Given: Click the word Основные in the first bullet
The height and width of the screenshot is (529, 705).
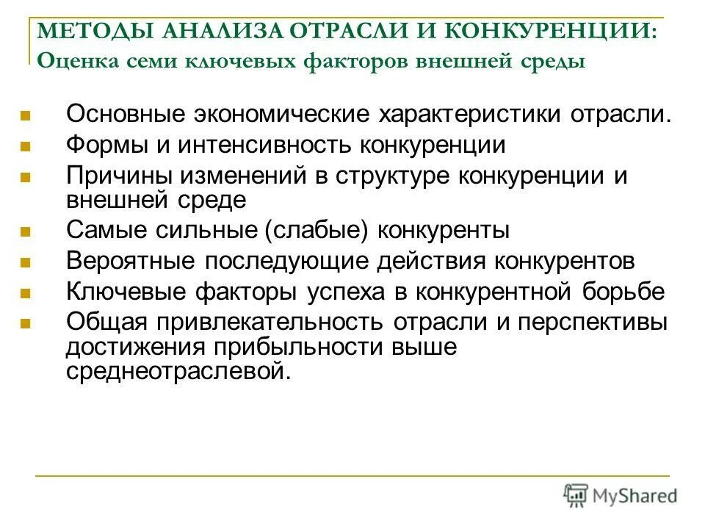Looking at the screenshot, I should [126, 115].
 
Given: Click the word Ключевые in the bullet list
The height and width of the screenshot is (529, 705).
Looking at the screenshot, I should [127, 292].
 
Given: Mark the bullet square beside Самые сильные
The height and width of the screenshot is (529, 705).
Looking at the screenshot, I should [25, 231].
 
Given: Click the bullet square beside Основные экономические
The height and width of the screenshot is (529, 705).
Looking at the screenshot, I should [25, 116].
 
